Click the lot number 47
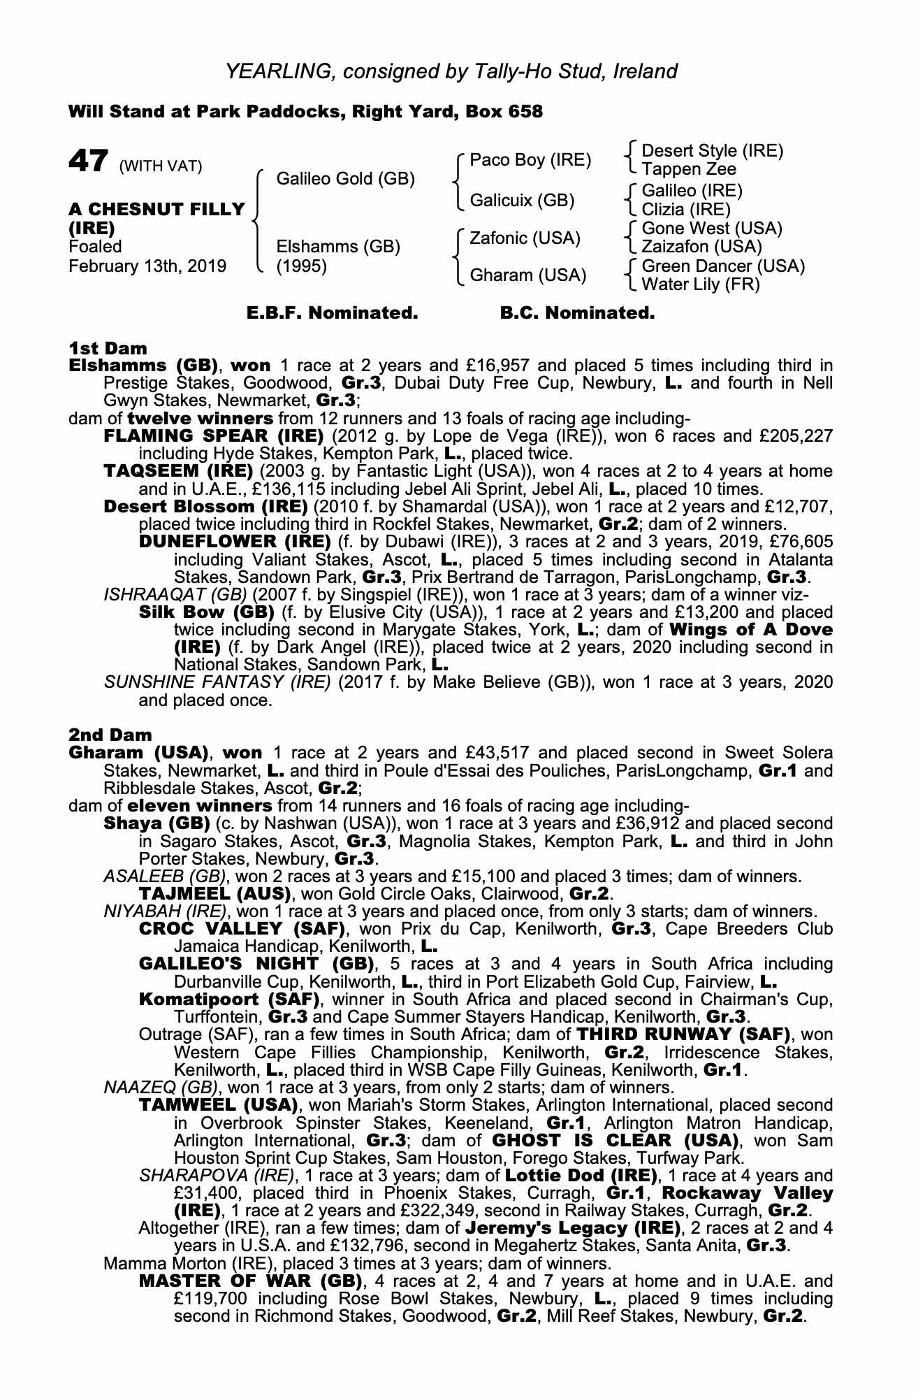click(88, 161)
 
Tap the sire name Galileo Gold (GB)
click(346, 179)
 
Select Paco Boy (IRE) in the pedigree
click(530, 160)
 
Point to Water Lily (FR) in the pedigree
click(700, 284)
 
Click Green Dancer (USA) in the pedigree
click(723, 266)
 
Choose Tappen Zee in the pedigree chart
click(688, 169)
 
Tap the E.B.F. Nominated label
click(333, 313)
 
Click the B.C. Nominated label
click(577, 313)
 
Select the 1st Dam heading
click(108, 348)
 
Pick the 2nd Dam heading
click(110, 735)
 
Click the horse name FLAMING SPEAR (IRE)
click(213, 436)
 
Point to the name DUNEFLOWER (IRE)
click(235, 542)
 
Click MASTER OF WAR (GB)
click(250, 1281)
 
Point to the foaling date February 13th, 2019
click(147, 266)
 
